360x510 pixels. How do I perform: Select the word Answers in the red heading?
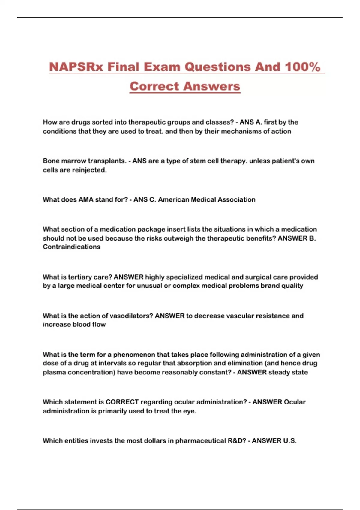point(212,86)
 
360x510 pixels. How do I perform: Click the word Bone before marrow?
point(51,161)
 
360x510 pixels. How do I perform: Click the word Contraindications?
point(72,247)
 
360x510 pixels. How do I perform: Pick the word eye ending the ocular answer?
point(189,411)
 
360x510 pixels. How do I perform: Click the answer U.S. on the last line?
point(290,441)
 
